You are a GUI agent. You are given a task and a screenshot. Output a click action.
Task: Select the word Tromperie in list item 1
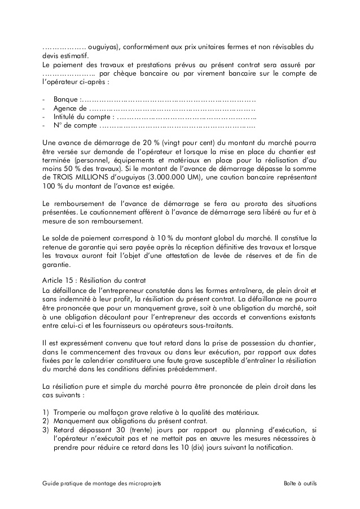click(72, 412)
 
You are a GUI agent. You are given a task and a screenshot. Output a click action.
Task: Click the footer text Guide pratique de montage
click(105, 484)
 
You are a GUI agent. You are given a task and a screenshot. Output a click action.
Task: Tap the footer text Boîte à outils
click(301, 484)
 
